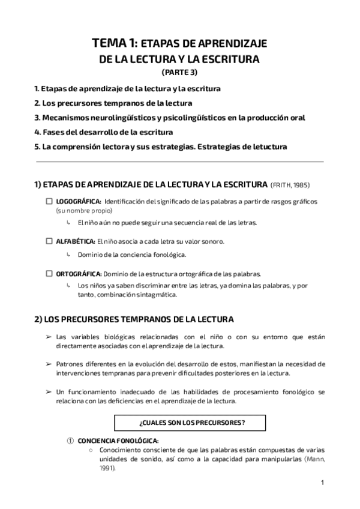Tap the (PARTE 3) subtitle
(179, 73)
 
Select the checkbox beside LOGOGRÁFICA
(49, 202)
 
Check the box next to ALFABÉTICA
(49, 241)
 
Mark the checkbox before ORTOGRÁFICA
(49, 274)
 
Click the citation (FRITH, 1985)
(291, 184)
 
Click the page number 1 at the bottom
(322, 482)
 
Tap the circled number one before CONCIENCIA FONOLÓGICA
(70, 440)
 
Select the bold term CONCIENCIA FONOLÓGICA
(118, 440)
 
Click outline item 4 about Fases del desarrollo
(104, 132)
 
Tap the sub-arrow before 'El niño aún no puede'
(70, 223)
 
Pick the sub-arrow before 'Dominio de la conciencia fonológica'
(70, 254)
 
